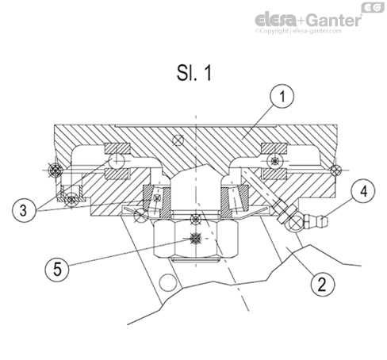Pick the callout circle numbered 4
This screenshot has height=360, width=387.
coord(358,191)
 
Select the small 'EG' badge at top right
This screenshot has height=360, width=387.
coord(374,7)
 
